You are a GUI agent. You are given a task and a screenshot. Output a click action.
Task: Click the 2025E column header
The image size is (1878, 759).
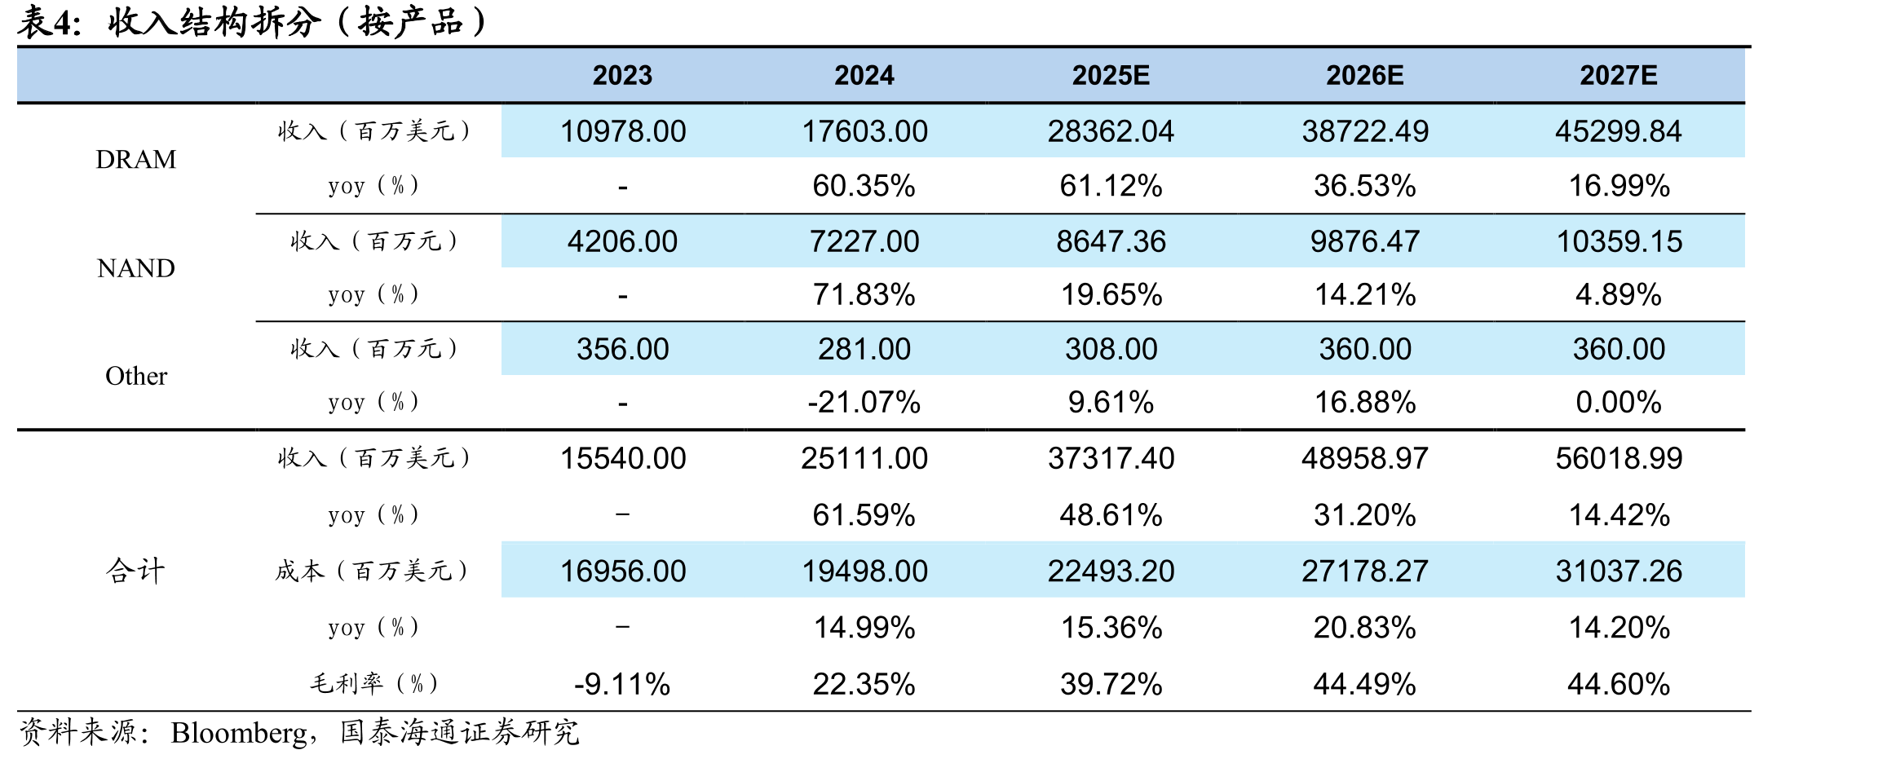[1111, 76]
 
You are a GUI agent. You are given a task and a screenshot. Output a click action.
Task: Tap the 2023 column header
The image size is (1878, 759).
[622, 76]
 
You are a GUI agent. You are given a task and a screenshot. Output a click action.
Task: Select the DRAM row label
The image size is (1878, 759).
[136, 159]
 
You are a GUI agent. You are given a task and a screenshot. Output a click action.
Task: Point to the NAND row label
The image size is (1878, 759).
[136, 268]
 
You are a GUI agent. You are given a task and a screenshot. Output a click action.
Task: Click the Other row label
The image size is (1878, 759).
[136, 376]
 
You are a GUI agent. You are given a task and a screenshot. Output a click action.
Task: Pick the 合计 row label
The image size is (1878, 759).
[136, 571]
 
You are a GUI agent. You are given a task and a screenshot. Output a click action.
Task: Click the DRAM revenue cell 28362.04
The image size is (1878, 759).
[1111, 131]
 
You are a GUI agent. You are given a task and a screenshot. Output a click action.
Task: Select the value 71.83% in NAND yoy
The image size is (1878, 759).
[864, 294]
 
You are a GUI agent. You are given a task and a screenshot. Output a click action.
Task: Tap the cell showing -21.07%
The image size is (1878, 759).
[864, 402]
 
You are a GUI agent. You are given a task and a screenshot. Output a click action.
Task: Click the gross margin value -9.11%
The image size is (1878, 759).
[622, 684]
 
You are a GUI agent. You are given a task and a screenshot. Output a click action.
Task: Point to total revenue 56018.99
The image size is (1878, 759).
[1619, 458]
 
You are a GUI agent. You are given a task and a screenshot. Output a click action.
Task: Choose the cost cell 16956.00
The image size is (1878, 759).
[622, 571]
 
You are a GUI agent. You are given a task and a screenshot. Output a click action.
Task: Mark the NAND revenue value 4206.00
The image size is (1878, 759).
[622, 241]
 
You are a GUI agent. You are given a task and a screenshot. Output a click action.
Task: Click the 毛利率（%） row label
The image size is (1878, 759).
[374, 683]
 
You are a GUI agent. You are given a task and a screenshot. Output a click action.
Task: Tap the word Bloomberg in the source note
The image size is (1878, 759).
[239, 733]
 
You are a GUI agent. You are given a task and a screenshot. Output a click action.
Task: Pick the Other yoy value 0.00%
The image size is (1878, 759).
[1619, 402]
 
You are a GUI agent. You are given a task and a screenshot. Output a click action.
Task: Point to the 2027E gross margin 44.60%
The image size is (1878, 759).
[1619, 684]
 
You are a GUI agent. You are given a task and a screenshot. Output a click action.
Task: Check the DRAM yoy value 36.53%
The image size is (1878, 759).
[1365, 186]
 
